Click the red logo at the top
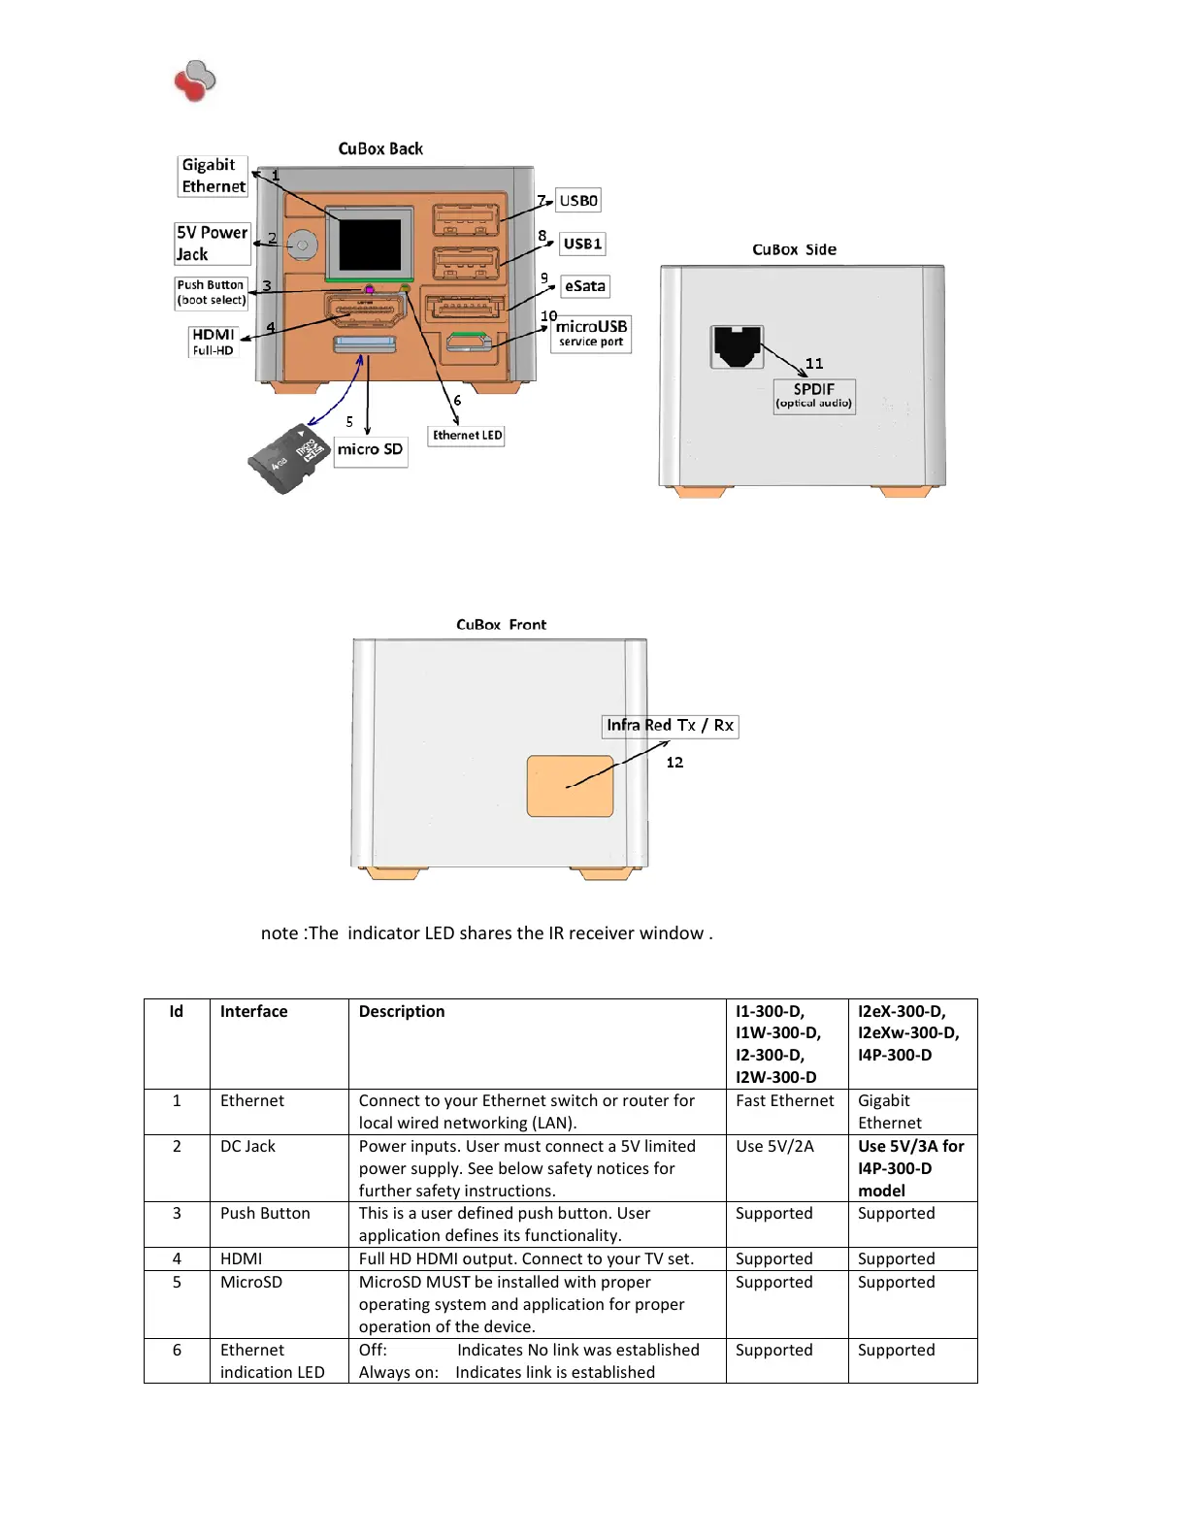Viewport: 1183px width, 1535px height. pos(194,81)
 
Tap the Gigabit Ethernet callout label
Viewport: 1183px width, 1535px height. pos(214,176)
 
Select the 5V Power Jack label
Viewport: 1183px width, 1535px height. pos(212,244)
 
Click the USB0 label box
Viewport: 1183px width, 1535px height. pos(578,201)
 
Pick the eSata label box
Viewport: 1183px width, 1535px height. pos(585,286)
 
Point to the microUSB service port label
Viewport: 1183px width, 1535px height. pos(591,333)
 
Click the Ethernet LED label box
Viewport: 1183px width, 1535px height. pos(467,436)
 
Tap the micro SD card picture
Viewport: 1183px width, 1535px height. pos(285,458)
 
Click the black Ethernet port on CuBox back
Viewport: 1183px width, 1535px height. pos(370,245)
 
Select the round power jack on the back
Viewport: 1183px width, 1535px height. pos(303,245)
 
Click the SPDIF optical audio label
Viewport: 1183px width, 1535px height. pos(814,395)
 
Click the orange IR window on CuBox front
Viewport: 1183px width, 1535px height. pos(570,786)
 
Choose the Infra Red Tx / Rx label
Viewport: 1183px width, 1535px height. pos(671,726)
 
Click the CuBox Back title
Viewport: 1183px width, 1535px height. pos(380,148)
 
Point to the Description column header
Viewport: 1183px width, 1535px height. pos(402,1011)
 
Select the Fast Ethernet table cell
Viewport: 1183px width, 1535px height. pos(784,1100)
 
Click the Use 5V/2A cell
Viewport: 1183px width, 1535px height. pos(774,1146)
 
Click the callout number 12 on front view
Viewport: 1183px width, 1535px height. pos(674,763)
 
